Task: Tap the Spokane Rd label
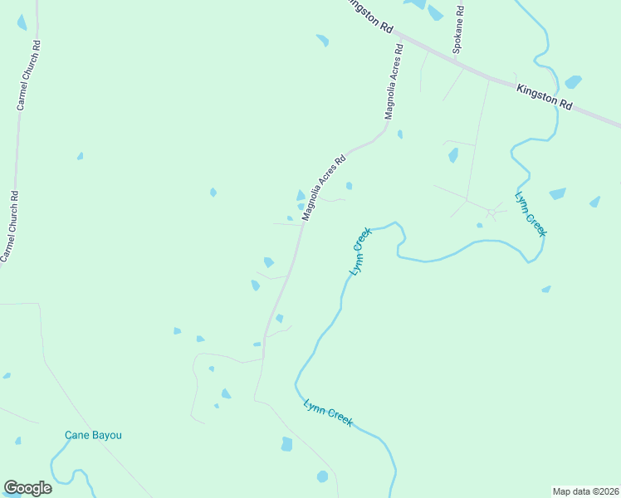pyautogui.click(x=457, y=32)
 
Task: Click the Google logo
pyautogui.click(x=27, y=488)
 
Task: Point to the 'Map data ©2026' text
pyautogui.click(x=585, y=491)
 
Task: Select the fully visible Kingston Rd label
pyautogui.click(x=545, y=97)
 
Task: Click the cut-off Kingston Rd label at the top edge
pyautogui.click(x=370, y=15)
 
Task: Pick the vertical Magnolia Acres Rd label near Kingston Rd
pyautogui.click(x=394, y=82)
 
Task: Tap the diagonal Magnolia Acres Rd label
pyautogui.click(x=324, y=188)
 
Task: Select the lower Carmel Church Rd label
pyautogui.click(x=9, y=226)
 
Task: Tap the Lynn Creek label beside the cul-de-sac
pyautogui.click(x=530, y=215)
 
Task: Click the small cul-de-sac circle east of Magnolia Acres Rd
pyautogui.click(x=491, y=213)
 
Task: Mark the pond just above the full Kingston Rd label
pyautogui.click(x=573, y=81)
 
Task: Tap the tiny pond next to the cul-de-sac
pyautogui.click(x=479, y=225)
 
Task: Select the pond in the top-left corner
pyautogui.click(x=22, y=22)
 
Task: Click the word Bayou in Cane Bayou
pyautogui.click(x=112, y=435)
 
